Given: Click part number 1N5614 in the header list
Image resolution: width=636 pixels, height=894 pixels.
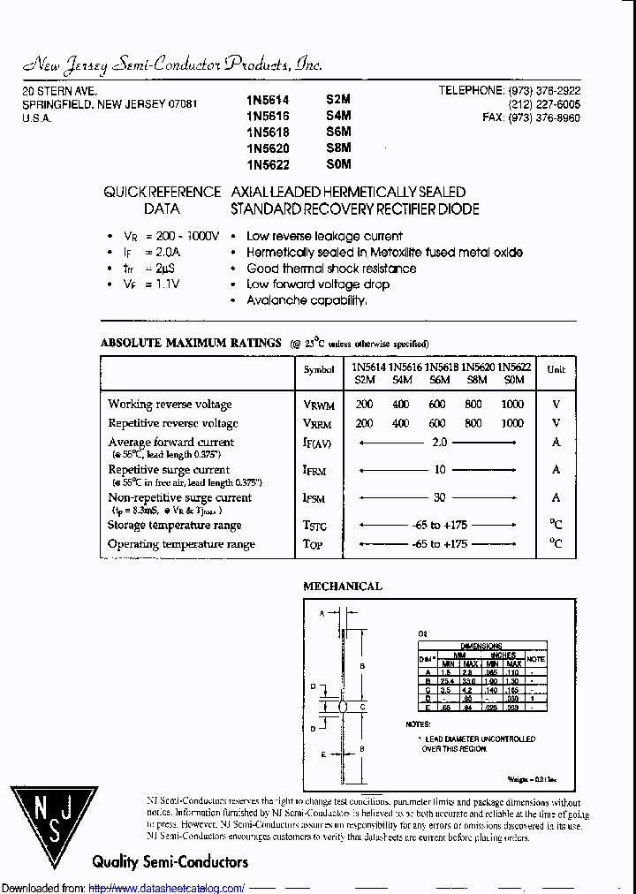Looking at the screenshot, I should click(x=268, y=102).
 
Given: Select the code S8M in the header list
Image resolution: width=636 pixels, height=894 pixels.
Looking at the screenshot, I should click(x=338, y=148).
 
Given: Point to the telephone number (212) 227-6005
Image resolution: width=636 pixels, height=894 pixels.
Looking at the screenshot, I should click(x=544, y=104).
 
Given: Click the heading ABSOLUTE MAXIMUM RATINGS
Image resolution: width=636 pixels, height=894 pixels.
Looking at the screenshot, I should click(x=191, y=343).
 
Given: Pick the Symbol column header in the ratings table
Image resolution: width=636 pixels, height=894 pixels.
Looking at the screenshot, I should click(x=319, y=371).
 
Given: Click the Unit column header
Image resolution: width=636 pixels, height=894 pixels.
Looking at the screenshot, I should click(x=556, y=370).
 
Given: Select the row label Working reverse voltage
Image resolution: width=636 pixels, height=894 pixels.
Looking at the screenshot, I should click(x=170, y=405).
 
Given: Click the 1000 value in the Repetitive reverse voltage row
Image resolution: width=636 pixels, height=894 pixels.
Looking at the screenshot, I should click(x=511, y=423).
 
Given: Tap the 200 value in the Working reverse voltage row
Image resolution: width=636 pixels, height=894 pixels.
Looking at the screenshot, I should click(x=364, y=405).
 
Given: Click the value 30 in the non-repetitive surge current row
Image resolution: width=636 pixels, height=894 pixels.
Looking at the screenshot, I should click(x=439, y=498).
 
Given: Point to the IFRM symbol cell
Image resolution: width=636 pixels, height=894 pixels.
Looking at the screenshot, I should click(x=314, y=471).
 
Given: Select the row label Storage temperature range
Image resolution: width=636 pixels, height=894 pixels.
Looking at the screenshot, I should click(x=174, y=526).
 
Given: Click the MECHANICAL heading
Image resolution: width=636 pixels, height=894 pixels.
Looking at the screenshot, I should click(x=343, y=586).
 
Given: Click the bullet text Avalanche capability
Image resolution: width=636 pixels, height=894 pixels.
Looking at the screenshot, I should click(x=307, y=300).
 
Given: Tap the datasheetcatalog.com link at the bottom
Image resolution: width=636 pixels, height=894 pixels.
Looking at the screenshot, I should click(x=167, y=888).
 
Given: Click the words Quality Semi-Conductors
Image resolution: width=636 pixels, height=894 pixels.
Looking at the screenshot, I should click(x=170, y=861).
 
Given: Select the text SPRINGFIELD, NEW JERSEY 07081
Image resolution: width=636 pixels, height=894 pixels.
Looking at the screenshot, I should click(x=110, y=104).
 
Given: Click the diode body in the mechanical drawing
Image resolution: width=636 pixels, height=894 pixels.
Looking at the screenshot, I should click(x=344, y=707).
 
